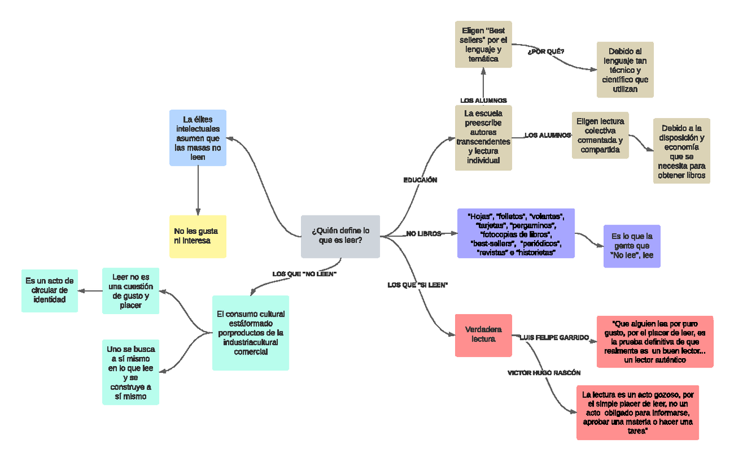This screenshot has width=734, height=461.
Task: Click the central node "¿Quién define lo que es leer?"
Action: (340, 236)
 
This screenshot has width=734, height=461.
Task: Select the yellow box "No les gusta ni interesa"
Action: (198, 236)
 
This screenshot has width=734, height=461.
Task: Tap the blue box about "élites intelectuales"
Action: (198, 138)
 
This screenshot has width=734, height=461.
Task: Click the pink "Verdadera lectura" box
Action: (483, 334)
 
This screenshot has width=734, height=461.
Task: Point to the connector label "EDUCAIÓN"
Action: (420, 180)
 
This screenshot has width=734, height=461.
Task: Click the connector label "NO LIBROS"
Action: (423, 234)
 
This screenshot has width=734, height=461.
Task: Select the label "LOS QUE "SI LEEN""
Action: (418, 285)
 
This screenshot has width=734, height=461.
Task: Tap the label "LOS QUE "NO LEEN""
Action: (305, 274)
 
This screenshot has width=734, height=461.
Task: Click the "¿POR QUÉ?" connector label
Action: (546, 51)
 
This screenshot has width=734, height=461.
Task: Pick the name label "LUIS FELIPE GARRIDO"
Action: (554, 337)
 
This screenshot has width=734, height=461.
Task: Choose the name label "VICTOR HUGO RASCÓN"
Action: (544, 372)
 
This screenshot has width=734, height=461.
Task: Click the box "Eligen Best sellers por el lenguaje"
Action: (483, 45)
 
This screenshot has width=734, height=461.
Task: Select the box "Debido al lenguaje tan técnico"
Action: (625, 70)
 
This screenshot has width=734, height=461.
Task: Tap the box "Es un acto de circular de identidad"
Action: (50, 290)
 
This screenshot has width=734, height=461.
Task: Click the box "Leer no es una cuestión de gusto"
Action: (130, 291)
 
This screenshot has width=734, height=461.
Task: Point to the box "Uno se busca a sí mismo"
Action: (130, 372)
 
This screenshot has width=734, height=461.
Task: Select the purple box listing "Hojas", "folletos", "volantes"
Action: (516, 233)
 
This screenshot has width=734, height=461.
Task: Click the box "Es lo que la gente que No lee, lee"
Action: (632, 245)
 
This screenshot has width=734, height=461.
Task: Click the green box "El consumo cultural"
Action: (251, 333)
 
